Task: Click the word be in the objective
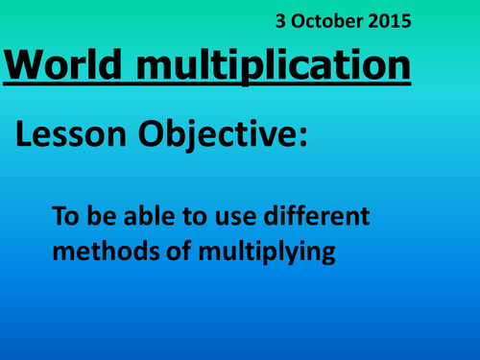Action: (100, 218)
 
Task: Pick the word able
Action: (144, 218)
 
